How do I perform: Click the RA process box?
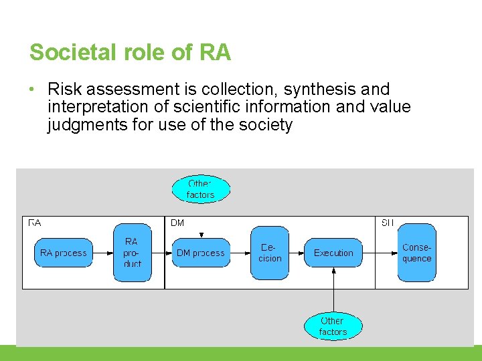point(64,253)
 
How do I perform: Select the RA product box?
point(133,253)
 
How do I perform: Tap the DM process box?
point(201,253)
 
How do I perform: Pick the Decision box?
point(270,253)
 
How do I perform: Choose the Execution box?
point(333,253)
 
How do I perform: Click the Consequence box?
point(416,253)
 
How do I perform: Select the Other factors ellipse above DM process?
point(201,189)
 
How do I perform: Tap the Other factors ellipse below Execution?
point(333,326)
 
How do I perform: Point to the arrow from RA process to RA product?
point(102,253)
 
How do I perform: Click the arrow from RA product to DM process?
point(161,253)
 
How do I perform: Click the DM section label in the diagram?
point(177,223)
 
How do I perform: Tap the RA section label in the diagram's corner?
point(34,223)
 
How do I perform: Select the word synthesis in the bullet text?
point(325,90)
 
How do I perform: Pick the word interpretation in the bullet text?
point(96,107)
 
